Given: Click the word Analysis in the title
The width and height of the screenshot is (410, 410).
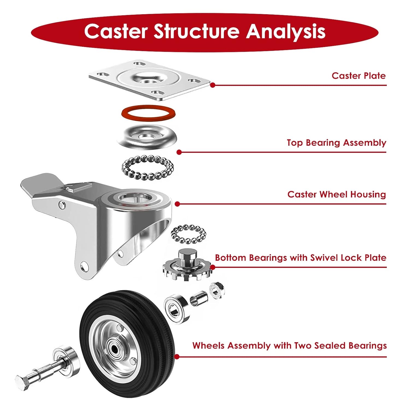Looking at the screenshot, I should [x=285, y=31].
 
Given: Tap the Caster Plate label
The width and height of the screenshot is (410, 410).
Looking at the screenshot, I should [x=358, y=76].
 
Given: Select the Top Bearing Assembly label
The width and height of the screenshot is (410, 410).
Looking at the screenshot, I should [x=336, y=143].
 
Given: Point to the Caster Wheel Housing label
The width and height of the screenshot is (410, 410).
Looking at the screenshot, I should [x=336, y=194].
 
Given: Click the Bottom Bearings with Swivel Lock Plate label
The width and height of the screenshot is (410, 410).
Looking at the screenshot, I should [x=300, y=258].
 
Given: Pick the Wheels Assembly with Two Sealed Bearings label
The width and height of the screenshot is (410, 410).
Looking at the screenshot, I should [x=289, y=345].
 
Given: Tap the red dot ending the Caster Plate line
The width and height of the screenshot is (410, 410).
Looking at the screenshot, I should [x=213, y=85].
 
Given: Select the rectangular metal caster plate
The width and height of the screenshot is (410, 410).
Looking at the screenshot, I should [x=149, y=80].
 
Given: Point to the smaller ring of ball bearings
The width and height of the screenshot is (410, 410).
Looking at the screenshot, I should [x=188, y=234].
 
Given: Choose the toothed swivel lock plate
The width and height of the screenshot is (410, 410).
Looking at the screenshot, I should [x=187, y=266].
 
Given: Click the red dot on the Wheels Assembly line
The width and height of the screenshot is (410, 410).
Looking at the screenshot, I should [x=177, y=357].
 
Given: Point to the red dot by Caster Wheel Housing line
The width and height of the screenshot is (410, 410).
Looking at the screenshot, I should [x=177, y=204].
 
